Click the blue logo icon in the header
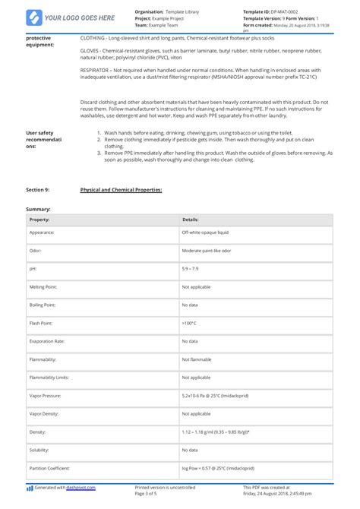point(33,17)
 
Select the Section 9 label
point(38,189)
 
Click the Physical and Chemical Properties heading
point(121,189)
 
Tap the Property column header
point(39,219)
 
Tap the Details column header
point(190,219)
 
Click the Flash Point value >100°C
point(189,323)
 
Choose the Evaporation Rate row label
point(46,341)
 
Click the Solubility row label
point(39,451)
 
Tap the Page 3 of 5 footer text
point(150,495)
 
